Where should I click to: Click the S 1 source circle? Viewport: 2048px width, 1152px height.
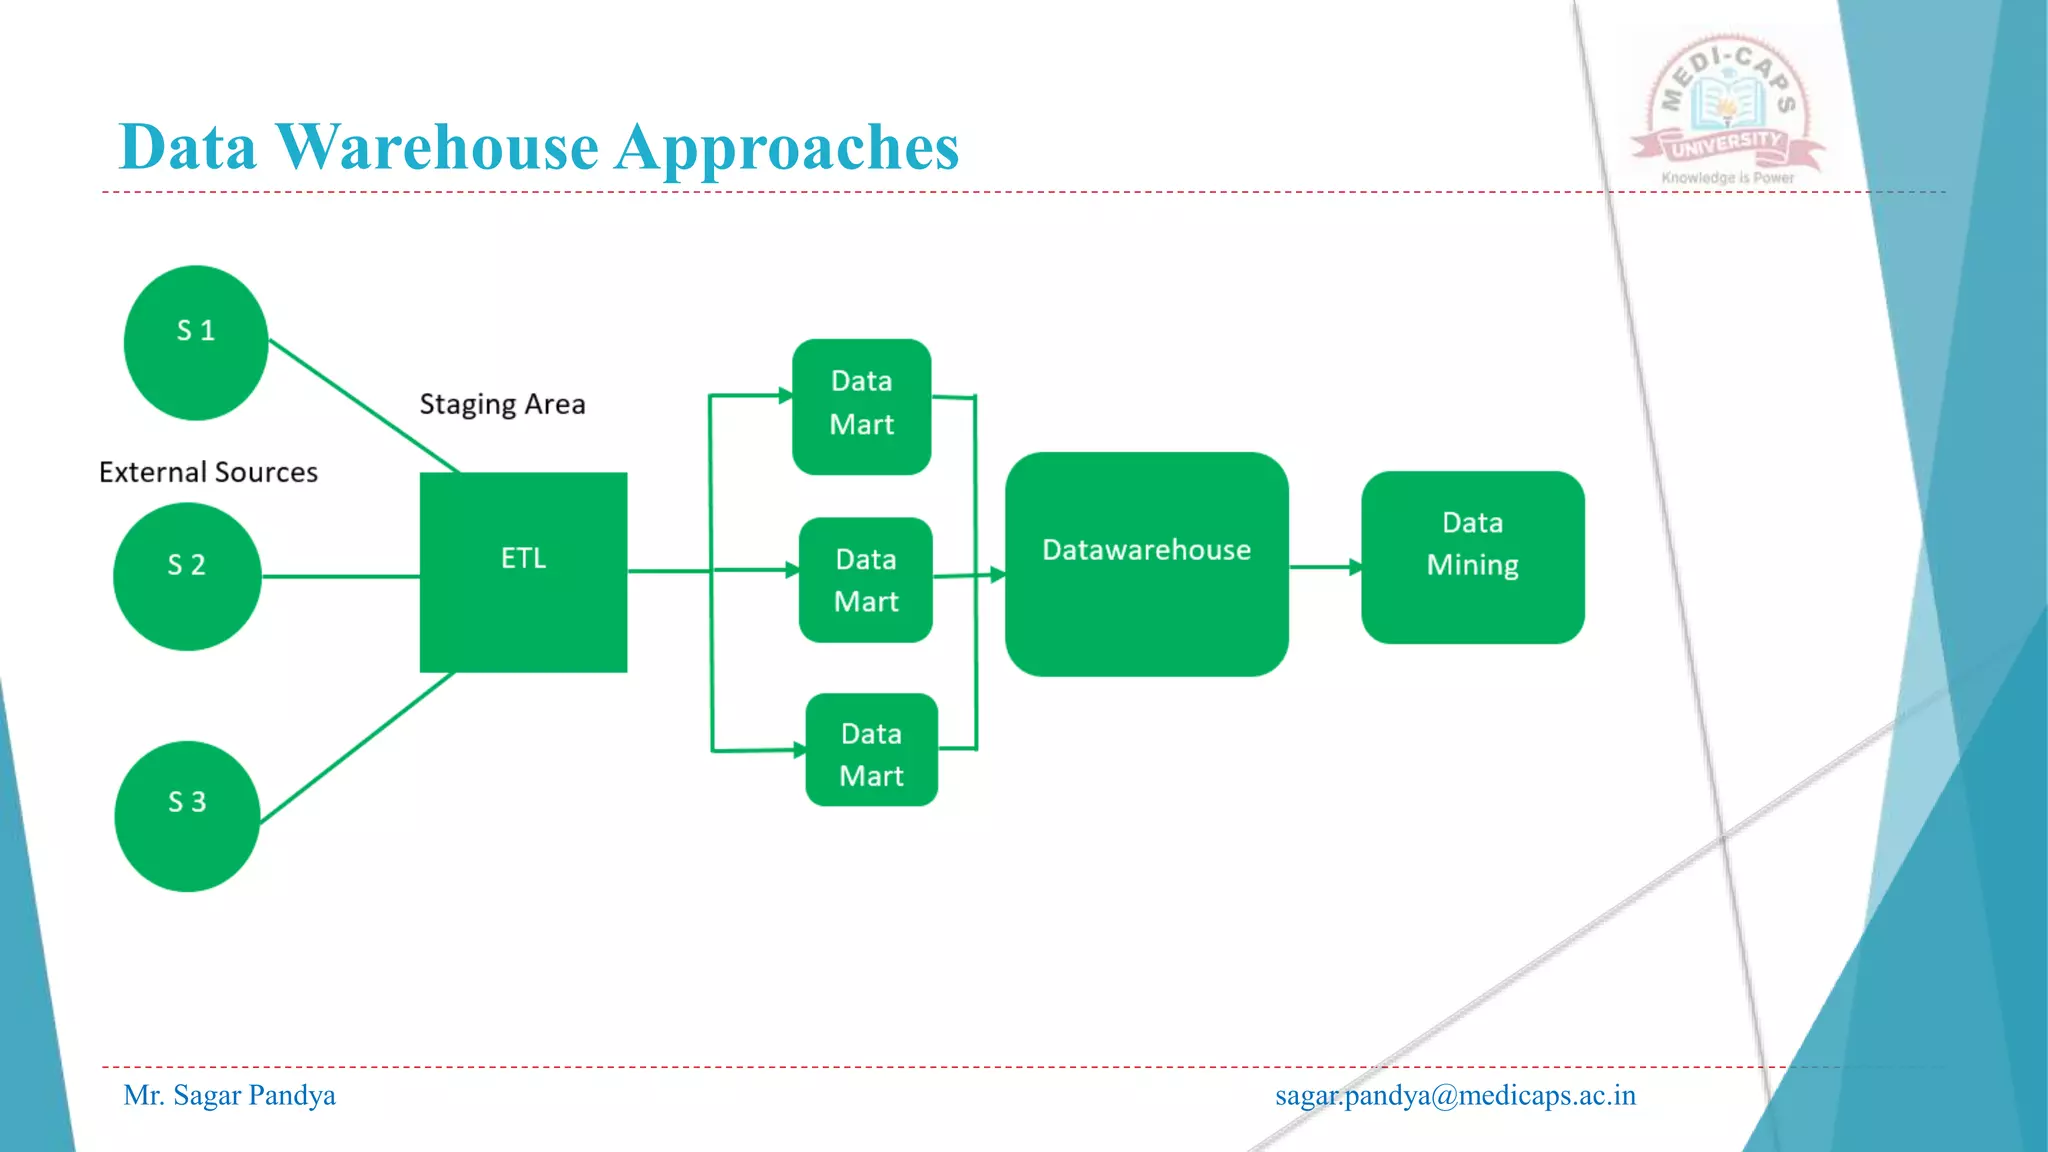click(196, 342)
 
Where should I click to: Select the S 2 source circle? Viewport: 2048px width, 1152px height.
click(187, 576)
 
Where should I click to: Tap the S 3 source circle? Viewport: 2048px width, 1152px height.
click(187, 816)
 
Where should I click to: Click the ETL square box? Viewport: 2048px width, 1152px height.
click(523, 572)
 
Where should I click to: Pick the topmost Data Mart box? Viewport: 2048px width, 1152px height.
click(861, 406)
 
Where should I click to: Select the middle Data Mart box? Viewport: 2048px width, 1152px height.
click(866, 580)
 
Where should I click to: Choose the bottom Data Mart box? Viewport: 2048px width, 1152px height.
click(871, 750)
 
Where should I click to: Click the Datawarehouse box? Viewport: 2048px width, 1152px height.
click(1146, 564)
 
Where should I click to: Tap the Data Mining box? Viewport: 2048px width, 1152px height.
click(1472, 557)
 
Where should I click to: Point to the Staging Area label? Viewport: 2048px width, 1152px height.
click(502, 404)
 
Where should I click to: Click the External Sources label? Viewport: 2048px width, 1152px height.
click(208, 472)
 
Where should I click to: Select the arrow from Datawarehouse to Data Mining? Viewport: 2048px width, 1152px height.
click(1324, 567)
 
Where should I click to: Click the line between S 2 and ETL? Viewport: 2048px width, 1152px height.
click(340, 576)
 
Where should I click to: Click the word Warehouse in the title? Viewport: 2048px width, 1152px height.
click(437, 148)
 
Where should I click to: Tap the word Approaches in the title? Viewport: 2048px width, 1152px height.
click(787, 148)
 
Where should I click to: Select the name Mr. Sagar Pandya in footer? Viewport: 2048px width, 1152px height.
click(229, 1095)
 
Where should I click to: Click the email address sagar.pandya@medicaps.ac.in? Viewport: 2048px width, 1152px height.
click(1455, 1095)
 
